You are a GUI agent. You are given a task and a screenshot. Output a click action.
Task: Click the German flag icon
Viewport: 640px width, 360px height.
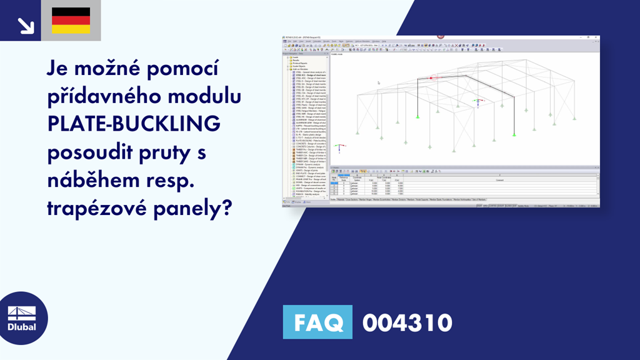[71, 20]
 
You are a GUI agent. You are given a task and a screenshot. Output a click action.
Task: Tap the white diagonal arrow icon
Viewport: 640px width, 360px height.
[25, 24]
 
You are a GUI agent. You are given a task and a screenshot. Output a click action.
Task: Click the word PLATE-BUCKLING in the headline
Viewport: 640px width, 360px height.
[134, 124]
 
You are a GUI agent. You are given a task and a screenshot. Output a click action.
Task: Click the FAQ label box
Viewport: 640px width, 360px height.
[317, 323]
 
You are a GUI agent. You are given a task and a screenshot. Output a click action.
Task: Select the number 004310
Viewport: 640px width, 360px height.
[407, 323]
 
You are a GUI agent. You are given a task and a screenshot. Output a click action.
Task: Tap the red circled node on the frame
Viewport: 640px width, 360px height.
[431, 77]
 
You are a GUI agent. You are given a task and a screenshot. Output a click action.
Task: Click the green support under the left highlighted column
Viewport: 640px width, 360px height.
[417, 116]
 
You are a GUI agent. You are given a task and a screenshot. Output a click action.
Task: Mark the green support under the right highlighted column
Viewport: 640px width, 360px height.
[514, 134]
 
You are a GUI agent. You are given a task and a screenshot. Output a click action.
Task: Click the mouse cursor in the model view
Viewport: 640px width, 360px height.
[378, 82]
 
